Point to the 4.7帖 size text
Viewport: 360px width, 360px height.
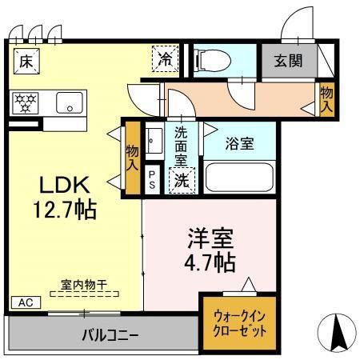pyautogui.click(x=210, y=262)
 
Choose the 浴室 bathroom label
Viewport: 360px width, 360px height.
pyautogui.click(x=239, y=145)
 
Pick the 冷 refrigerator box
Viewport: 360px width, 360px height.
pyautogui.click(x=165, y=58)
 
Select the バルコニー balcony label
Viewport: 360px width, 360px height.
pyautogui.click(x=110, y=334)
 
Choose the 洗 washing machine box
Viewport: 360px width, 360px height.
pyautogui.click(x=182, y=181)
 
